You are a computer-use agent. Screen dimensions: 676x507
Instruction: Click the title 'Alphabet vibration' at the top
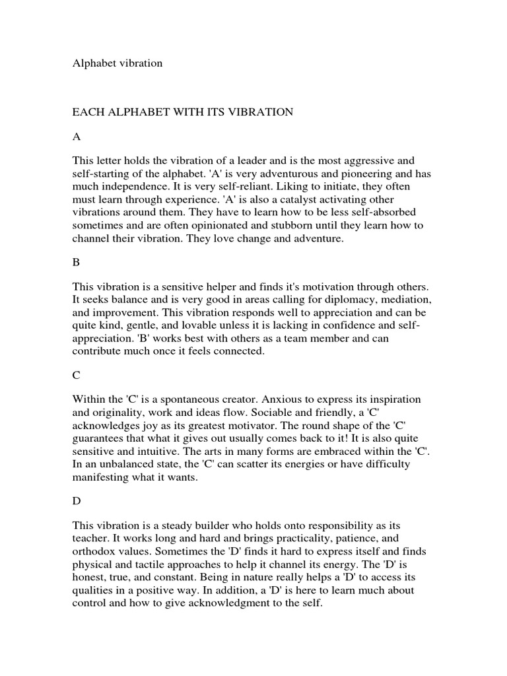(117, 63)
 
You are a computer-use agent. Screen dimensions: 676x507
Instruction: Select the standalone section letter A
(77, 137)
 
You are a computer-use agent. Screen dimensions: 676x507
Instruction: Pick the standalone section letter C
(76, 375)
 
